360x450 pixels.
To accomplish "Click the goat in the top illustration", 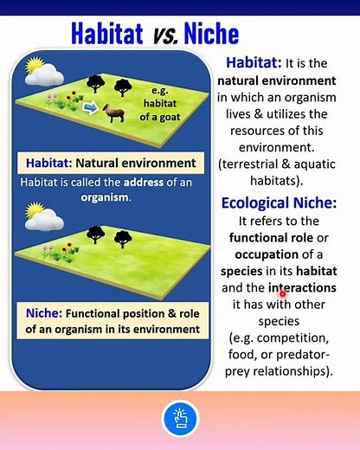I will tap(112, 112).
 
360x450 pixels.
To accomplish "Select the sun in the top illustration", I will tap(35, 65).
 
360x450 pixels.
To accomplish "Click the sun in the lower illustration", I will tap(34, 209).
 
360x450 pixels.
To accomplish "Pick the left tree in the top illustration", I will tap(96, 84).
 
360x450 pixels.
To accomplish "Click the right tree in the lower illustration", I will tap(121, 233).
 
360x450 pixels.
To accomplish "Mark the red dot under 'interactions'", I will tap(282, 294).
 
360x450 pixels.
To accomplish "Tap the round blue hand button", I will tap(180, 419).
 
